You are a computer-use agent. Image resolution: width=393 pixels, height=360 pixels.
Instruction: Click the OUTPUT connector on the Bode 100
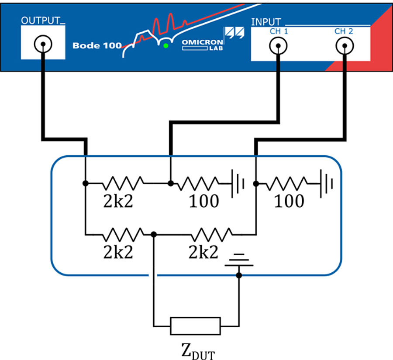pyautogui.click(x=43, y=44)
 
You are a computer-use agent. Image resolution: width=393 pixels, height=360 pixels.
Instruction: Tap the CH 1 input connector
pyautogui.click(x=278, y=46)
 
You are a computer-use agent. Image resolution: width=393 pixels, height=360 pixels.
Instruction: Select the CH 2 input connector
pyautogui.click(x=345, y=46)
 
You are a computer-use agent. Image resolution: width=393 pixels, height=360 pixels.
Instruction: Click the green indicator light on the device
pyautogui.click(x=165, y=46)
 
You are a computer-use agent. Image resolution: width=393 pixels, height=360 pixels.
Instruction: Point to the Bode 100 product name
pyautogui.click(x=97, y=45)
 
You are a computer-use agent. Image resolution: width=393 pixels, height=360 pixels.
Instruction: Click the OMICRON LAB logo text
pyautogui.click(x=203, y=45)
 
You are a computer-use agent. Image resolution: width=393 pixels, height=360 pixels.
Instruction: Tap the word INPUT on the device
pyautogui.click(x=266, y=22)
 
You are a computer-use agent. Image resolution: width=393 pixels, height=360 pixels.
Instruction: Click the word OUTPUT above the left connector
pyautogui.click(x=41, y=21)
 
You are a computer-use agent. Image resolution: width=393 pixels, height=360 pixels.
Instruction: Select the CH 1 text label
pyautogui.click(x=279, y=31)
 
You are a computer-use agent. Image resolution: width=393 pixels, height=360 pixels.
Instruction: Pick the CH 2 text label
pyautogui.click(x=344, y=31)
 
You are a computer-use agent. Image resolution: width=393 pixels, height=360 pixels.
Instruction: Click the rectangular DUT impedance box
pyautogui.click(x=196, y=326)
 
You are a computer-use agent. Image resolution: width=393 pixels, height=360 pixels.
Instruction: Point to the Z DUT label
pyautogui.click(x=198, y=351)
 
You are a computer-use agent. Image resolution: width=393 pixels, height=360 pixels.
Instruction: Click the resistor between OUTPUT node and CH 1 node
pyautogui.click(x=123, y=183)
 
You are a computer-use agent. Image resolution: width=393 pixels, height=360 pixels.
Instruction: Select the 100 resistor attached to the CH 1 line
pyautogui.click(x=198, y=183)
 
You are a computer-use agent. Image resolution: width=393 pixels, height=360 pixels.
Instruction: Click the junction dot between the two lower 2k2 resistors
pyautogui.click(x=154, y=234)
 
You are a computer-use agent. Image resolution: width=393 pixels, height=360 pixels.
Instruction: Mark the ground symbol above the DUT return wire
pyautogui.click(x=239, y=260)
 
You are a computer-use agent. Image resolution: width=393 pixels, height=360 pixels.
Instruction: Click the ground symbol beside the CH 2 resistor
pyautogui.click(x=326, y=184)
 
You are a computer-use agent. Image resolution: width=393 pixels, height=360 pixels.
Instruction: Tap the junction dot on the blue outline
pyautogui.click(x=239, y=275)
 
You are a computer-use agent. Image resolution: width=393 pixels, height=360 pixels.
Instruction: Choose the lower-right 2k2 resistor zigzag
pyautogui.click(x=212, y=234)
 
